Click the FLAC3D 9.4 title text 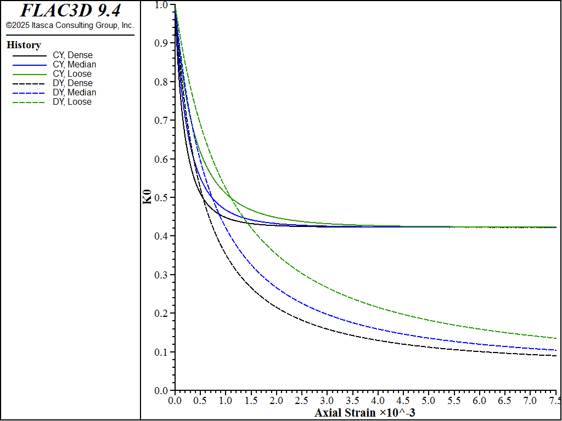[x=70, y=10]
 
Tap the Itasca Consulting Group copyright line [x=70, y=25]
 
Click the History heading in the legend [x=24, y=45]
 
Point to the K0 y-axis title [x=147, y=197]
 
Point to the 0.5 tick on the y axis [x=161, y=197]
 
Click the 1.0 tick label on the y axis [x=161, y=5]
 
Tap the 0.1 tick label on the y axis [x=161, y=352]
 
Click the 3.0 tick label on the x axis [x=327, y=401]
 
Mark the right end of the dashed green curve [x=556, y=338]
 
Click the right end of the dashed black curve [x=556, y=356]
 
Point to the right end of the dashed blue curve [x=556, y=350]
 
